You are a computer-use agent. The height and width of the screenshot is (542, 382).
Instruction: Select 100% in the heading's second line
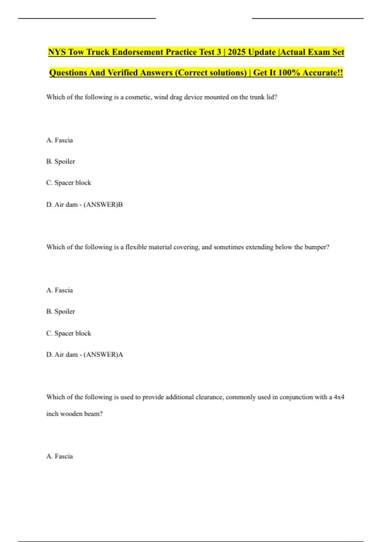[x=289, y=73]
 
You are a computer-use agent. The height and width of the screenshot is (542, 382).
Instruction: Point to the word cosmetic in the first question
[x=138, y=97]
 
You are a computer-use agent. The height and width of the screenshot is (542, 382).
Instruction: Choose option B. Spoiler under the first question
[x=60, y=162]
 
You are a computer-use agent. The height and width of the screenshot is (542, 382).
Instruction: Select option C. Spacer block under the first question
[x=68, y=183]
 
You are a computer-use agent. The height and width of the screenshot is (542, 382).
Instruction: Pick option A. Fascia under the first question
[x=60, y=140]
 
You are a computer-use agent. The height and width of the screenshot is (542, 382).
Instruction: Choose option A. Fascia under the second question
[x=60, y=290]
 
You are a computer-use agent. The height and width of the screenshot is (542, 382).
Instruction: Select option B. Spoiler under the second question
[x=60, y=311]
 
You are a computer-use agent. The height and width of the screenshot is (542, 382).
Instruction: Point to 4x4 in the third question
[x=339, y=397]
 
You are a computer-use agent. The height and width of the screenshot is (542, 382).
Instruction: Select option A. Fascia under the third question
[x=60, y=456]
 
